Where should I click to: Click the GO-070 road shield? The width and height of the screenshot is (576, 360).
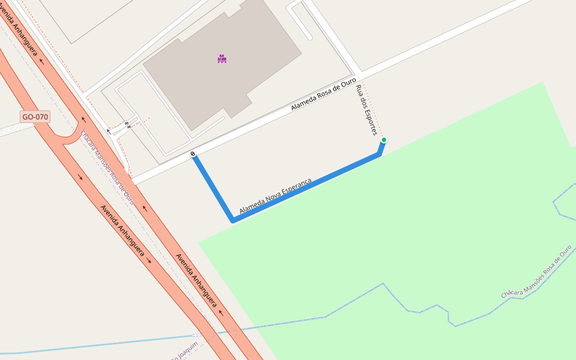click(35, 116)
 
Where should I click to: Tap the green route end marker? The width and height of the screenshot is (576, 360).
click(384, 140)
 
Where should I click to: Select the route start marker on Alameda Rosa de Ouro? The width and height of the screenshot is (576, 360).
click(193, 154)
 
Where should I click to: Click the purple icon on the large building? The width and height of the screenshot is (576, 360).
click(222, 59)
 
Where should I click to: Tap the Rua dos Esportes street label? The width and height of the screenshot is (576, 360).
click(366, 110)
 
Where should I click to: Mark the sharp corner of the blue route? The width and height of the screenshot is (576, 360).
click(233, 221)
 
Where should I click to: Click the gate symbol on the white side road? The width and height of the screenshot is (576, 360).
click(127, 125)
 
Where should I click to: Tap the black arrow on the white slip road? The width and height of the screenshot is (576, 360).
click(109, 130)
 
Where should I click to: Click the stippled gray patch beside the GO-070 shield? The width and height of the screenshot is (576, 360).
click(10, 129)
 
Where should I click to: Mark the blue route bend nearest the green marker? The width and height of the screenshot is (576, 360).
click(379, 154)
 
